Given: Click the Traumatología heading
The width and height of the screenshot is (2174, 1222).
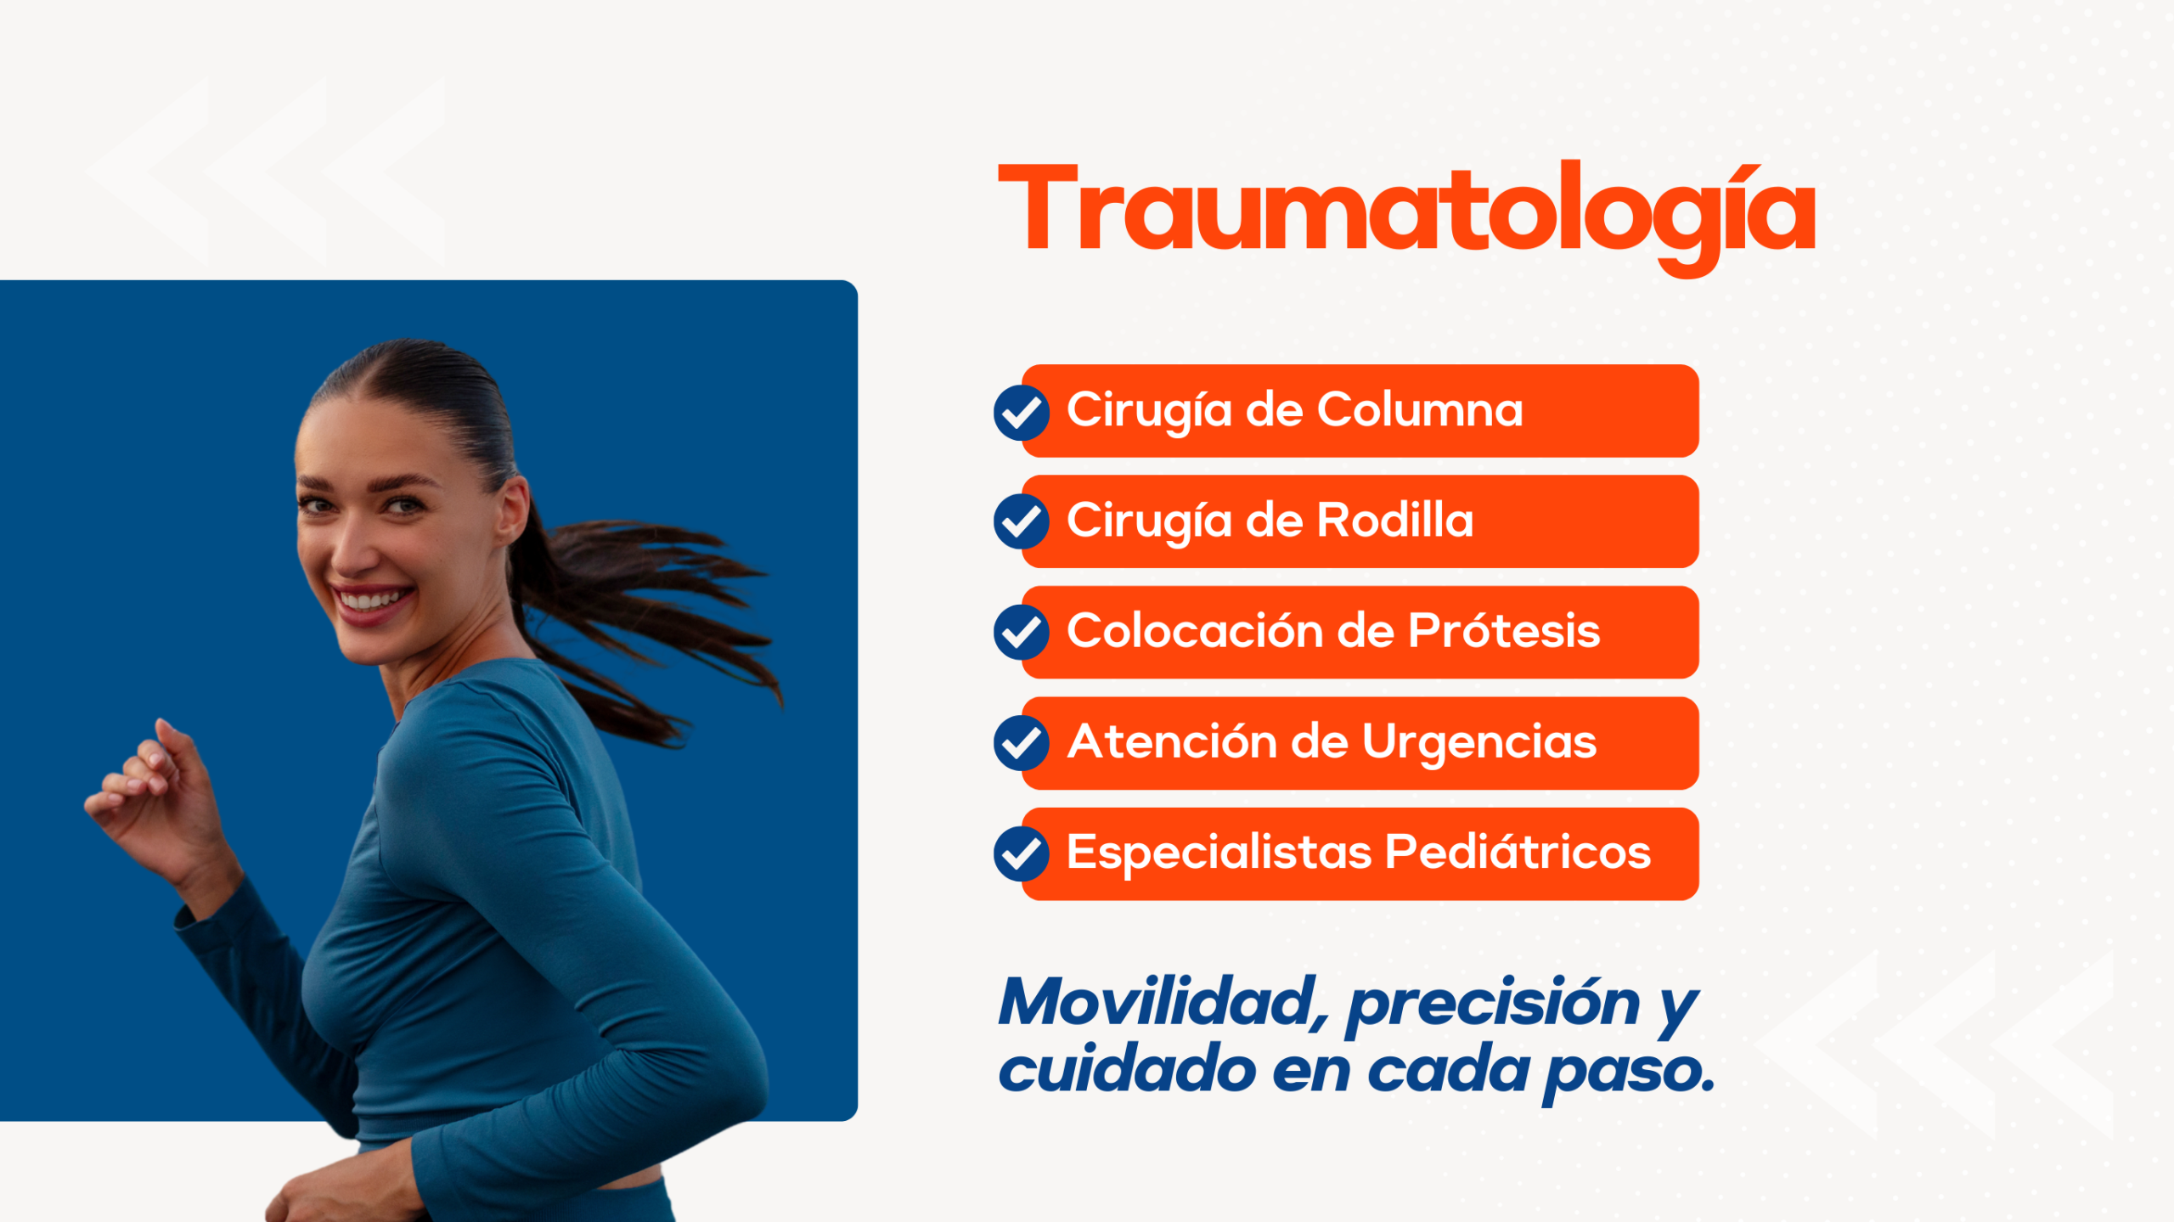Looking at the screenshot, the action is (1406, 216).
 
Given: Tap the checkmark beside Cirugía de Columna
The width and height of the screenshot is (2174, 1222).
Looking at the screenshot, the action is (1022, 413).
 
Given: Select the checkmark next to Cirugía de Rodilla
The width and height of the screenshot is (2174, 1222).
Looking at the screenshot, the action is (1022, 521).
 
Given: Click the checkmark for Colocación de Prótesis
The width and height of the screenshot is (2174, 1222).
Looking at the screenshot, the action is (1022, 633).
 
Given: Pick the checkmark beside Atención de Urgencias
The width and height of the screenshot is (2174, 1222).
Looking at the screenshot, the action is (1022, 743).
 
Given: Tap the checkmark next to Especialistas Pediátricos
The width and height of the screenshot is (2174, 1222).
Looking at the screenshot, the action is (1022, 853).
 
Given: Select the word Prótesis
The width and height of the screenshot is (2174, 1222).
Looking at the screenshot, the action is (1504, 630).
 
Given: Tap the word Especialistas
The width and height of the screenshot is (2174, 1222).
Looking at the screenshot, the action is (1219, 853).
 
